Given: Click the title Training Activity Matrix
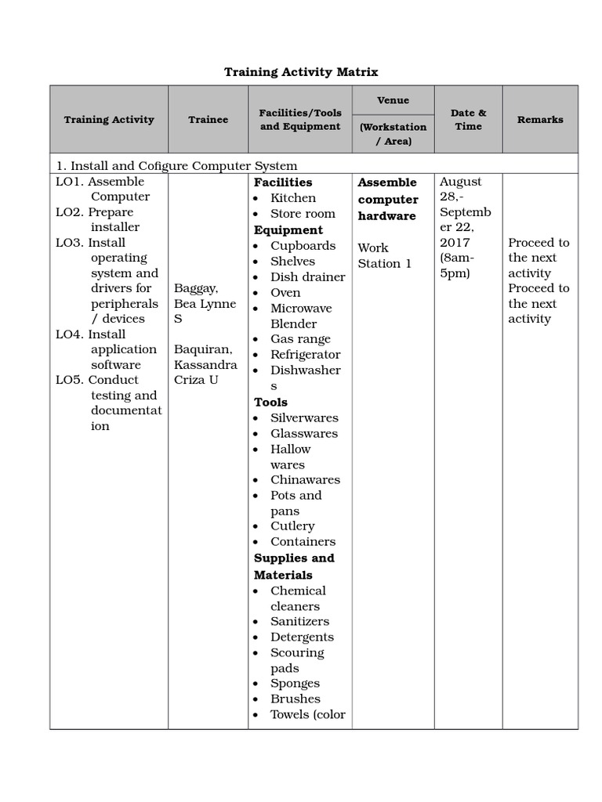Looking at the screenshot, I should (301, 72).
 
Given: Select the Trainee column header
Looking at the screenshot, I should (208, 120).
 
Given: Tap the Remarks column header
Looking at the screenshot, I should (539, 120).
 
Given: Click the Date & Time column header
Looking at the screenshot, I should (468, 120).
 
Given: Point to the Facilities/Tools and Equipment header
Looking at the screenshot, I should (300, 120).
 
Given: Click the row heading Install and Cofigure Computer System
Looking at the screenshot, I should (176, 165).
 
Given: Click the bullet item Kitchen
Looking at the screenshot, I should (293, 198).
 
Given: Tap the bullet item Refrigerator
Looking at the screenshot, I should (305, 355).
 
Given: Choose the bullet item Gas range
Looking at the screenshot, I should (300, 339).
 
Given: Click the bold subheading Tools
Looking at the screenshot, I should (270, 402).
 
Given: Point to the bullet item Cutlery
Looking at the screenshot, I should (292, 526).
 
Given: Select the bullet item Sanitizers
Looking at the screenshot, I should (299, 621).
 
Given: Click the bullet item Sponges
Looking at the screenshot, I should (295, 683).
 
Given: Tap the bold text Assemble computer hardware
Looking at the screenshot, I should (388, 199).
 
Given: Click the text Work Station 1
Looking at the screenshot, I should (384, 256).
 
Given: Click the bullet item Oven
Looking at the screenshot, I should (285, 292).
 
